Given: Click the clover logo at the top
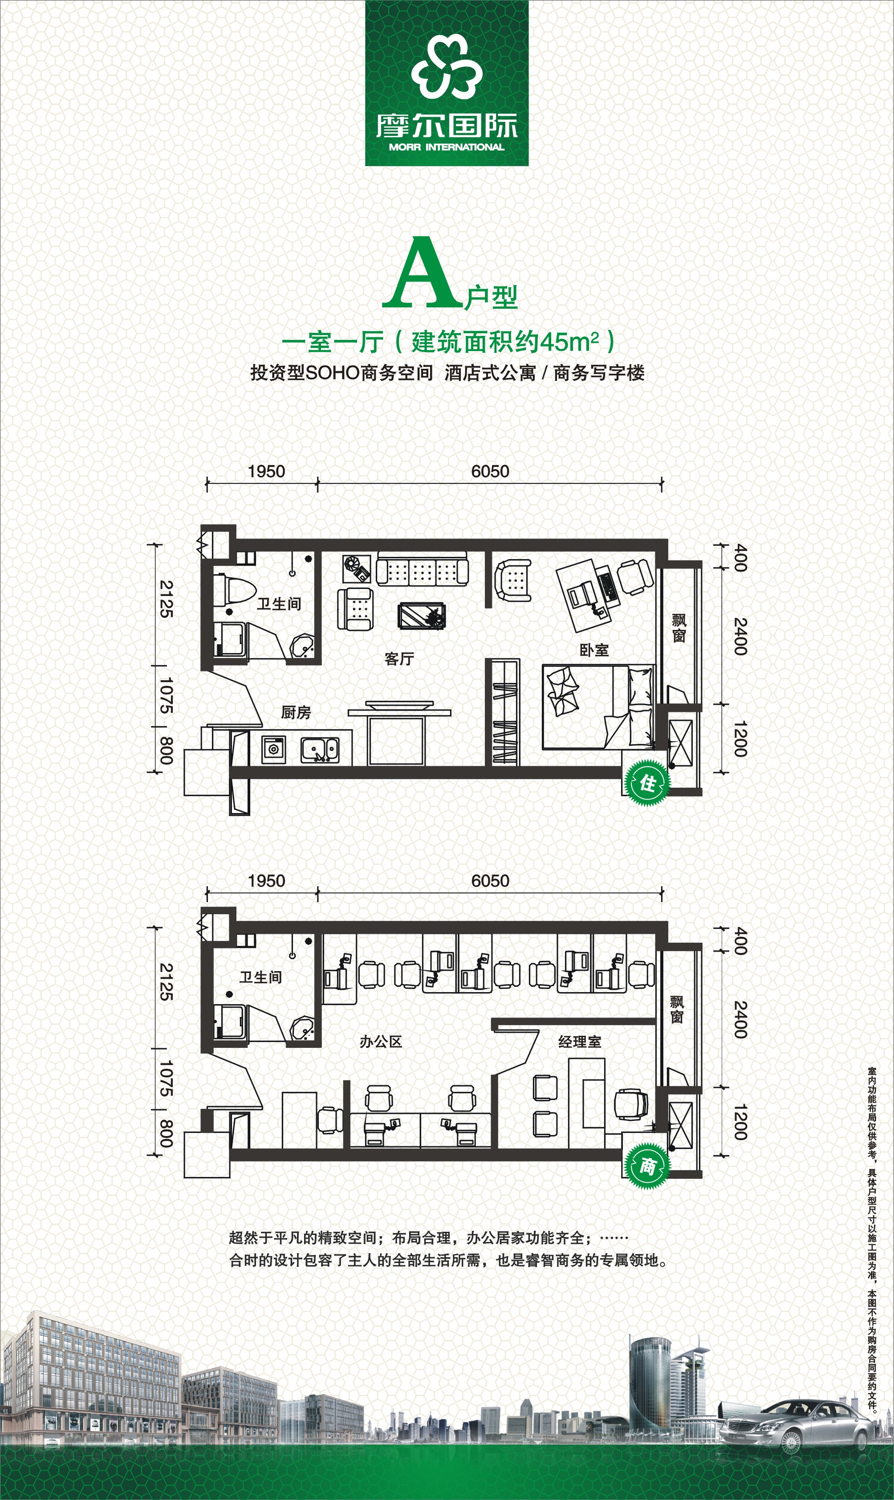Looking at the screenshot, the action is (x=447, y=66).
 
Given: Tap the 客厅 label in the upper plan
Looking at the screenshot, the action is (x=399, y=659).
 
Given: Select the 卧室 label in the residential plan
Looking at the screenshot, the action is (x=594, y=650).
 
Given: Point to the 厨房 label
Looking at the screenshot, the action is (x=296, y=712).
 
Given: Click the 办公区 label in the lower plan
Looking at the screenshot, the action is (x=381, y=1042).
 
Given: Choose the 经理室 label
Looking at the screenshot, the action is (x=580, y=1042).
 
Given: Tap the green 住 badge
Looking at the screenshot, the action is (x=647, y=783).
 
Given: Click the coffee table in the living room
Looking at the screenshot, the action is (x=422, y=615).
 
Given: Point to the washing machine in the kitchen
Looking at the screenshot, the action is (x=273, y=749).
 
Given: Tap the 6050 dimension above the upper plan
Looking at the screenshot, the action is (x=490, y=471).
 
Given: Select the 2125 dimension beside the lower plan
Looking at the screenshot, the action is (x=166, y=982).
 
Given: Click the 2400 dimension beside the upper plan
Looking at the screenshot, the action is (x=740, y=637).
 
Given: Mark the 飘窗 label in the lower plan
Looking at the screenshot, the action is (x=677, y=1010).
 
